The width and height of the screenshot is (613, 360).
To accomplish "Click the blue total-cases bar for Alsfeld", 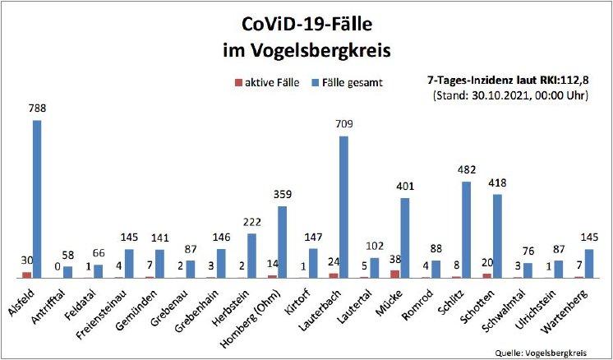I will click(37, 199).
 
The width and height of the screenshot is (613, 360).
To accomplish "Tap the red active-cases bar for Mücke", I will click(395, 274).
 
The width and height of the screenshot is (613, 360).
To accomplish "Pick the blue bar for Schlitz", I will click(466, 229).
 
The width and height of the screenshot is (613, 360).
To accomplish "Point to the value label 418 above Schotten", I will click(497, 182).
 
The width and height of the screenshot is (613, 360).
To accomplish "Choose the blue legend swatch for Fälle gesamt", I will click(314, 82).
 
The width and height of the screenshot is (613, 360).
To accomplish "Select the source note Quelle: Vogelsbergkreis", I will click(542, 352).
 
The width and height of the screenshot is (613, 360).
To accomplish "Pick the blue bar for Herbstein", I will click(251, 256).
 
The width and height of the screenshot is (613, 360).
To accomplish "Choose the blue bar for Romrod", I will click(436, 269).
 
